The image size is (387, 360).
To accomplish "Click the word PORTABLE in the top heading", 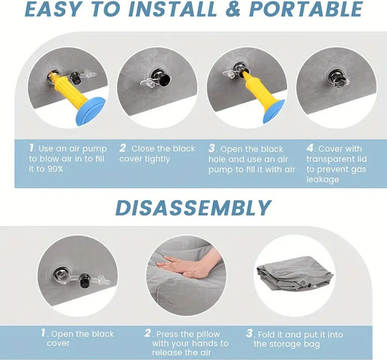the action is click(x=306, y=10).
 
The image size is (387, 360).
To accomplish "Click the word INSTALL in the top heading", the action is click(x=172, y=10).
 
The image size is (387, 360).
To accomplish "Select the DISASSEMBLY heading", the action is click(x=193, y=208).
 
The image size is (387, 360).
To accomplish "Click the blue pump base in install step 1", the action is click(x=91, y=111).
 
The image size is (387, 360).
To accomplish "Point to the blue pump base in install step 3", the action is click(x=274, y=111).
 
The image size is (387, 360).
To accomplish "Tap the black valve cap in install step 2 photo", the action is click(x=165, y=81).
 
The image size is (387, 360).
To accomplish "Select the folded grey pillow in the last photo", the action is click(x=295, y=274).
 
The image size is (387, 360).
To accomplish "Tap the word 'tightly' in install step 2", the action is click(x=157, y=159).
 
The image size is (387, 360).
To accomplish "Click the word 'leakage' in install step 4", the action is click(x=322, y=179).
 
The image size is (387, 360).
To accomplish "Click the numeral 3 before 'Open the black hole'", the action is click(x=211, y=148).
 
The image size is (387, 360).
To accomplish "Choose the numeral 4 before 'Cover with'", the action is click(x=310, y=148).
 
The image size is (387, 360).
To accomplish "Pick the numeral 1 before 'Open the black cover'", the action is click(x=43, y=333).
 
